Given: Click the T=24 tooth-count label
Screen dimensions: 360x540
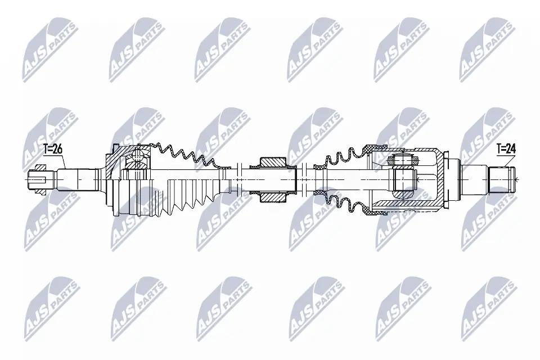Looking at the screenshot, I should pyautogui.click(x=506, y=149).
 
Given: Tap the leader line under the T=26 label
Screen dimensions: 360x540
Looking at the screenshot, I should pyautogui.click(x=63, y=162).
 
